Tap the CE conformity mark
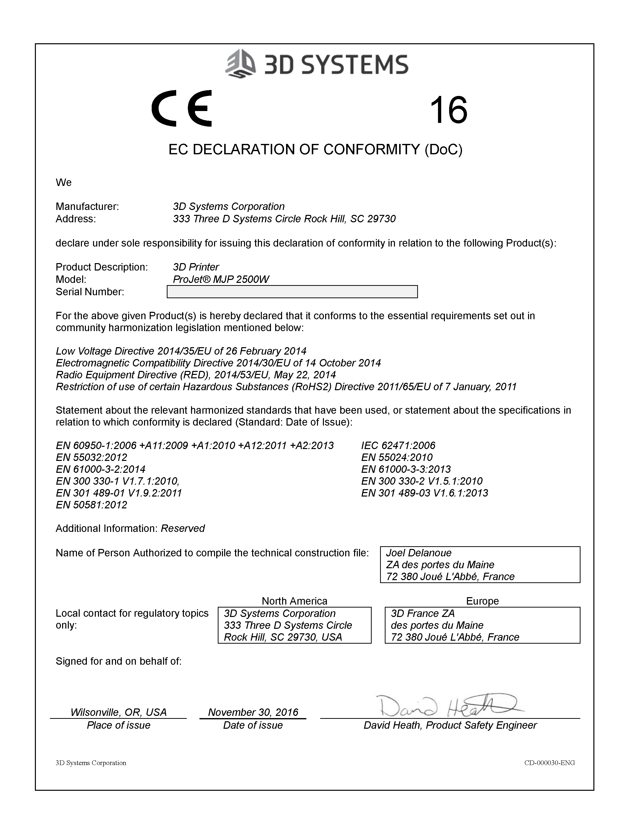tap(182, 108)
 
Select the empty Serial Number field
tap(292, 292)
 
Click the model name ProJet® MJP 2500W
tap(221, 279)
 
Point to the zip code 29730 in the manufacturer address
tap(381, 219)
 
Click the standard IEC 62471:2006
tap(398, 445)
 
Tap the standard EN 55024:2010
tap(397, 457)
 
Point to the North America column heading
tap(294, 601)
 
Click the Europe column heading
tap(482, 601)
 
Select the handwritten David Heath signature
tap(449, 705)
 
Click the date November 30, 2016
tap(253, 712)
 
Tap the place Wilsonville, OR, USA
tap(119, 712)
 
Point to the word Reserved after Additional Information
tap(183, 529)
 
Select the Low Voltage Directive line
tap(181, 351)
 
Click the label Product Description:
tap(102, 267)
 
